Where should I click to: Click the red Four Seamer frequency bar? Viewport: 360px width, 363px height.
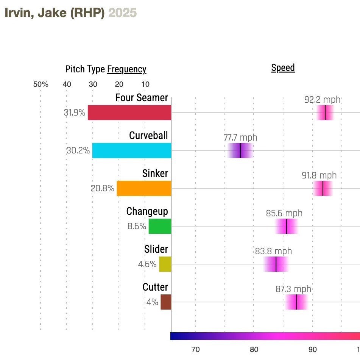129,113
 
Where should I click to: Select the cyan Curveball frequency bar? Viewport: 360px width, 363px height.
132,150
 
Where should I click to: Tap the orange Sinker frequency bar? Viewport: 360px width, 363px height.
144,188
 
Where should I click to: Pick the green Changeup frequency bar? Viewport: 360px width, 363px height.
160,226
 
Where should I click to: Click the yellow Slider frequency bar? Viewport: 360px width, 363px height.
165,264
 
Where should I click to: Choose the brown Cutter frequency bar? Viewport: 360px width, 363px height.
166,302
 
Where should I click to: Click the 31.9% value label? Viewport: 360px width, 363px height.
75,113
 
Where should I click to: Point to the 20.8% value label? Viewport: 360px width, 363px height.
102,188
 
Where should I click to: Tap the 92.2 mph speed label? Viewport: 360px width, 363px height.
323,100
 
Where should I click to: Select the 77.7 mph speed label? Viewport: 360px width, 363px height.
240,138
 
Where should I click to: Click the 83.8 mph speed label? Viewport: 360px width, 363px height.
273,251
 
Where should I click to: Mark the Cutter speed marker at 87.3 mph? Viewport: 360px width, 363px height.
296,302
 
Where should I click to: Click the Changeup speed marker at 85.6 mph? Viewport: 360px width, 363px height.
287,226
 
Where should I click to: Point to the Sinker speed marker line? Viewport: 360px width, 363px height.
323,188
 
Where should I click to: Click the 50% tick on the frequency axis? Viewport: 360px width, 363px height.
41,84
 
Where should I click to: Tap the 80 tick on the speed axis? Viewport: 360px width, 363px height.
254,349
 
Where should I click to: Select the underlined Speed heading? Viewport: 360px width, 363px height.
283,68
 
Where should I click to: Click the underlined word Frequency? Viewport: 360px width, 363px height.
127,69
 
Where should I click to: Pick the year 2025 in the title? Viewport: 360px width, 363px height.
122,13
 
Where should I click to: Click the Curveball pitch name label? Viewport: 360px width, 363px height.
148,135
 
